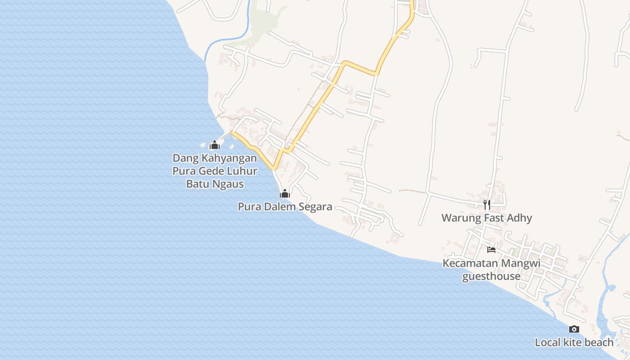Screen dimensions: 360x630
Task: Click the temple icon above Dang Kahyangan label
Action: click(x=215, y=145)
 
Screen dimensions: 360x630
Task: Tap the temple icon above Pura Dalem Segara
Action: click(x=284, y=194)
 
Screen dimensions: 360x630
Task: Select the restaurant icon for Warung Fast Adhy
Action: click(x=486, y=205)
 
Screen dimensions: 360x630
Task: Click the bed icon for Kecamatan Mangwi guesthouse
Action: click(x=491, y=249)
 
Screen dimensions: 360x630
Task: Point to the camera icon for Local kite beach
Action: click(x=574, y=329)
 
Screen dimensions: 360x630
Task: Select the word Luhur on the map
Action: click(x=243, y=171)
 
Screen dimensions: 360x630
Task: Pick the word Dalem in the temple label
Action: click(x=280, y=207)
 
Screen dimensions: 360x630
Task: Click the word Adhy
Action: click(x=520, y=218)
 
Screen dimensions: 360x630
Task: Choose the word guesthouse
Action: click(x=491, y=276)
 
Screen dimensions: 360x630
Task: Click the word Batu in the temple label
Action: click(x=198, y=184)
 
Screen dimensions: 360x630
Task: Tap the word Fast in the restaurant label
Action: click(x=495, y=218)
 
